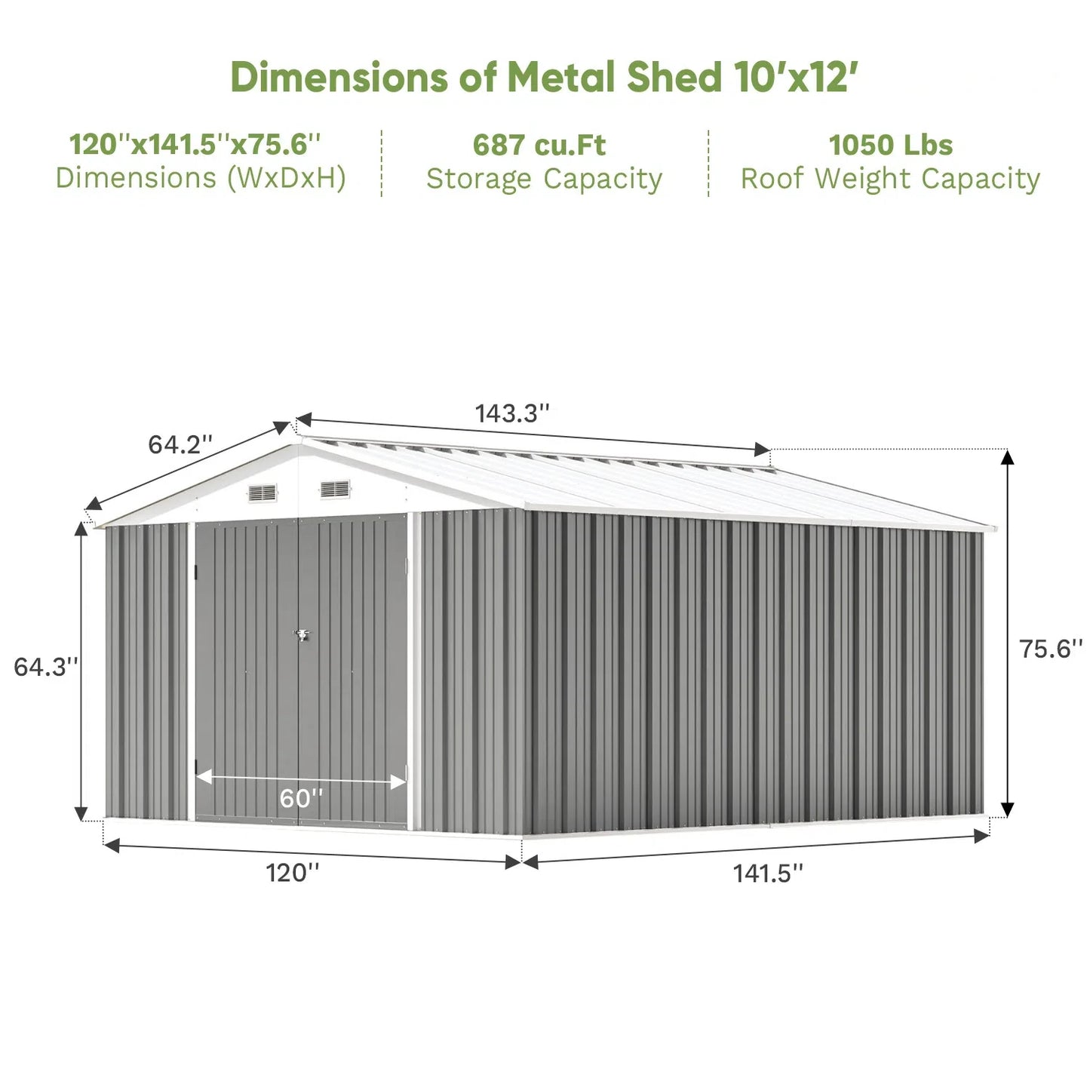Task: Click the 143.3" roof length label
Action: click(x=511, y=413)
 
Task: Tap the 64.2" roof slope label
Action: click(x=180, y=444)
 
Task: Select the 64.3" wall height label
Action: click(x=45, y=667)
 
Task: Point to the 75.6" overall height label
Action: click(x=1050, y=649)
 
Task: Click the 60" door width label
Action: click(x=301, y=798)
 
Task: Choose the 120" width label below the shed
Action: click(x=292, y=873)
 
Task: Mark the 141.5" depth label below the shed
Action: click(x=768, y=874)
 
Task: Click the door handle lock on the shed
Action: click(x=302, y=635)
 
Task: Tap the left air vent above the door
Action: click(x=263, y=493)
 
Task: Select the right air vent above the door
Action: click(x=335, y=490)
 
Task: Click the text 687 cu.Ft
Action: click(x=539, y=145)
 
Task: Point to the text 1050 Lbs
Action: click(x=890, y=145)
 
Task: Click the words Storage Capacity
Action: click(x=544, y=180)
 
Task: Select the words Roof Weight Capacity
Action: click(x=890, y=180)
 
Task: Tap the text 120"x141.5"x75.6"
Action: click(x=195, y=144)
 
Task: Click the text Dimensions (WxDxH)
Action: click(x=201, y=179)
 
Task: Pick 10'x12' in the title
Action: click(x=797, y=78)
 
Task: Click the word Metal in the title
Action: click(x=562, y=78)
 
